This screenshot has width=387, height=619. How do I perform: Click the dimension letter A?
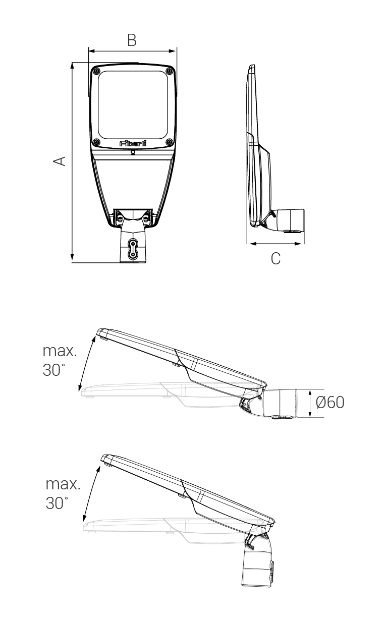point(60,161)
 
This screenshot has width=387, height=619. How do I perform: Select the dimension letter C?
point(275,258)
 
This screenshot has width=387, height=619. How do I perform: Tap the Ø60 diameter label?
point(330,403)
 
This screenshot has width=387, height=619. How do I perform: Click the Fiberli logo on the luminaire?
point(133,143)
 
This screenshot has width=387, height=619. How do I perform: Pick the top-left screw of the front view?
point(97,71)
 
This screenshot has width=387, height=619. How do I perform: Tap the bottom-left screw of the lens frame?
point(97,142)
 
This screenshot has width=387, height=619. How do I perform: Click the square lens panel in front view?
point(133,105)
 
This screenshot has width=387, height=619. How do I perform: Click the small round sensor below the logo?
point(133,151)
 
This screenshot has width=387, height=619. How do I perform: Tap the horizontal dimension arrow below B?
point(132,50)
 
